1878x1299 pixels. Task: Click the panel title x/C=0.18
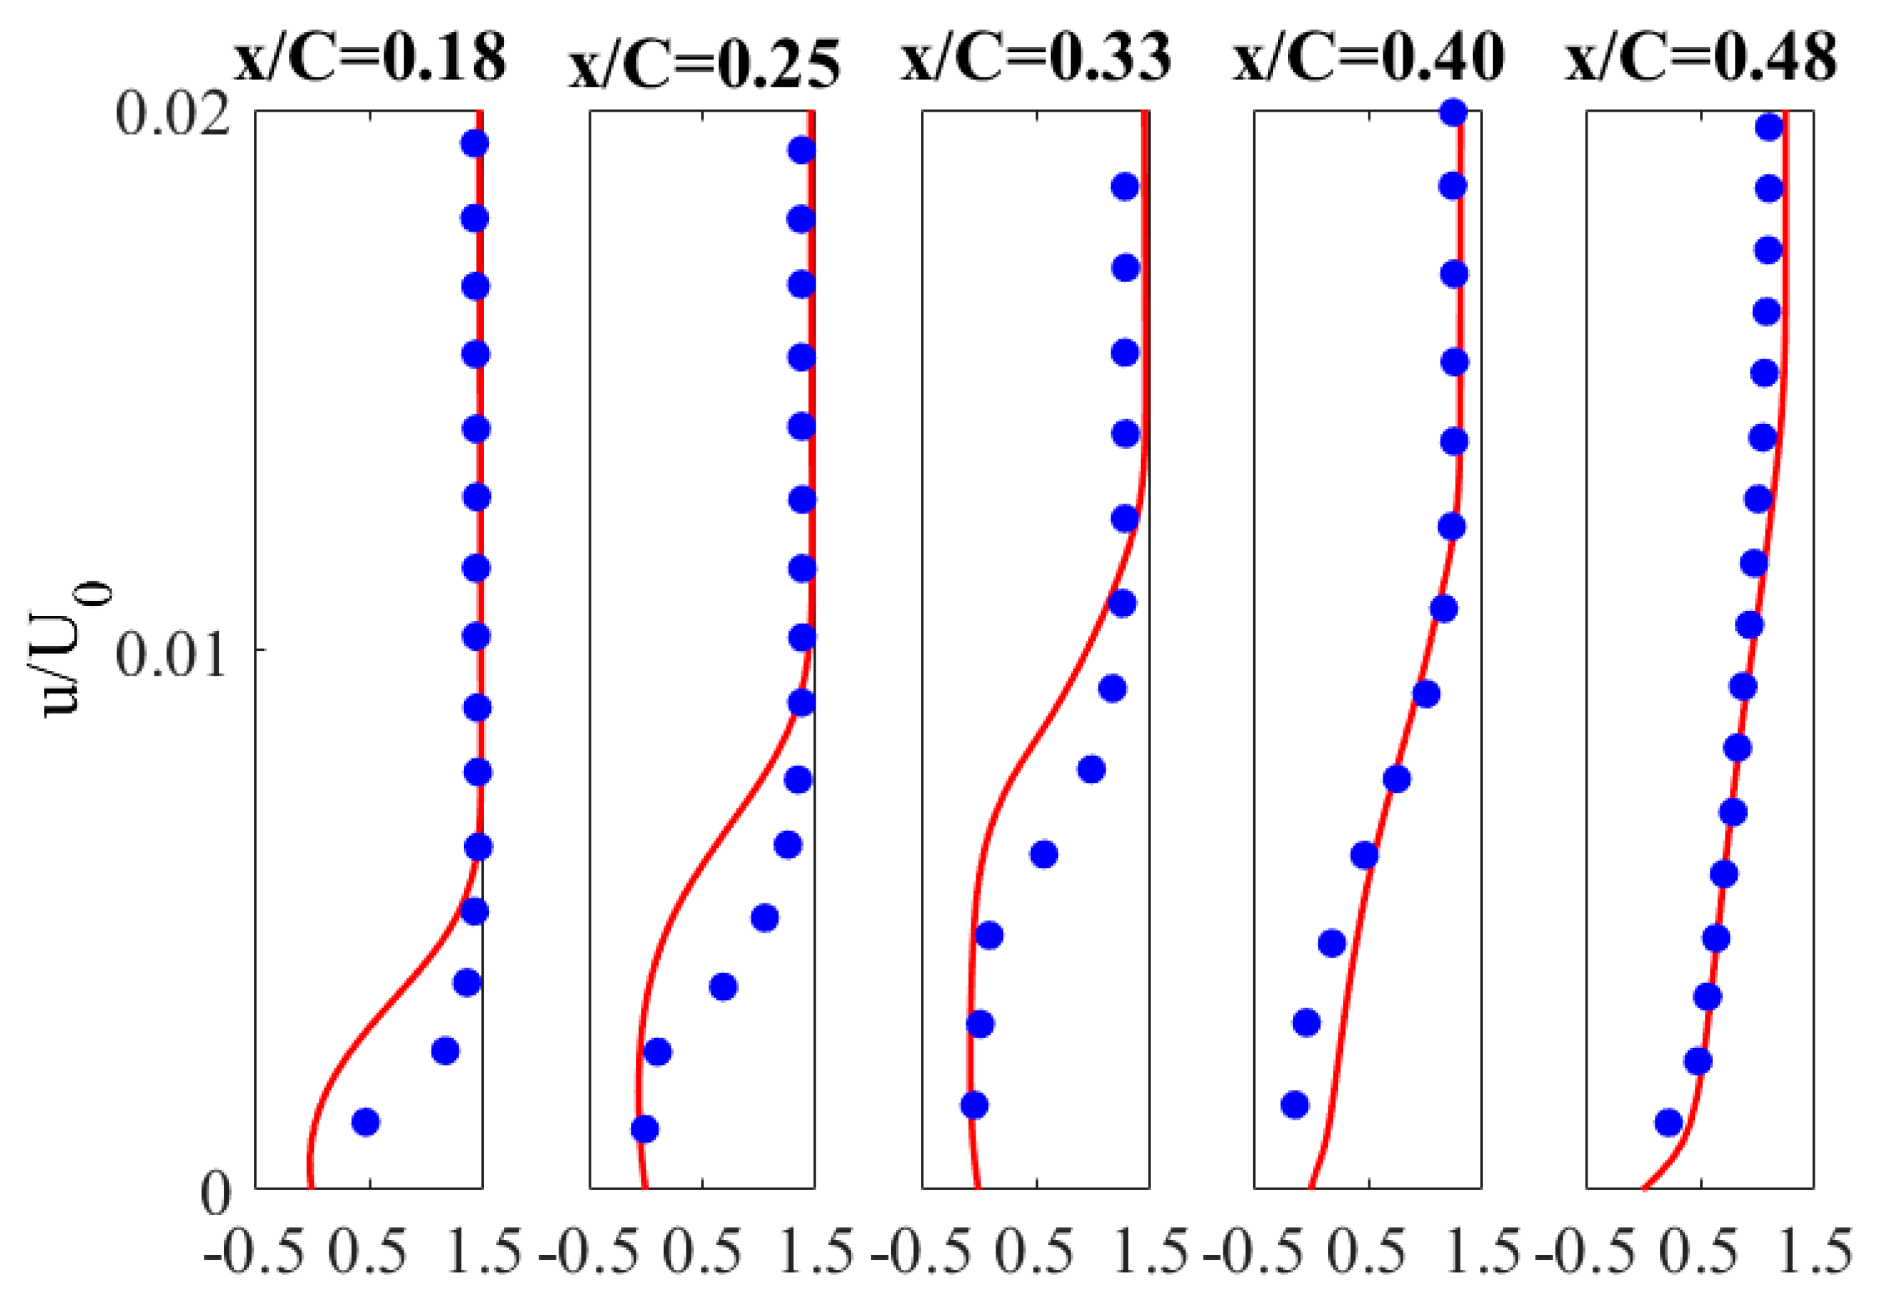370,58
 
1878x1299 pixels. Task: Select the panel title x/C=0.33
1035,58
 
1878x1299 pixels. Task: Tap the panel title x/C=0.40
1368,58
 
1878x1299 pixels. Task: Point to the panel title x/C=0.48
1702,58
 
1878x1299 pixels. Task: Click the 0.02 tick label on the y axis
169,113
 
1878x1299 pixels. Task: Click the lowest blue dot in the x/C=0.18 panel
366,1123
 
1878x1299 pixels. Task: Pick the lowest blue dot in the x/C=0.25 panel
645,1129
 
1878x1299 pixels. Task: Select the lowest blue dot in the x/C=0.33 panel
974,1106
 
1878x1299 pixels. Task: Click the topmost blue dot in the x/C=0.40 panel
1454,112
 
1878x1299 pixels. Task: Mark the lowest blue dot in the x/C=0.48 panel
1669,1123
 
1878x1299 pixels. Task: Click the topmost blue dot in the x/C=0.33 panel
1125,187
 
